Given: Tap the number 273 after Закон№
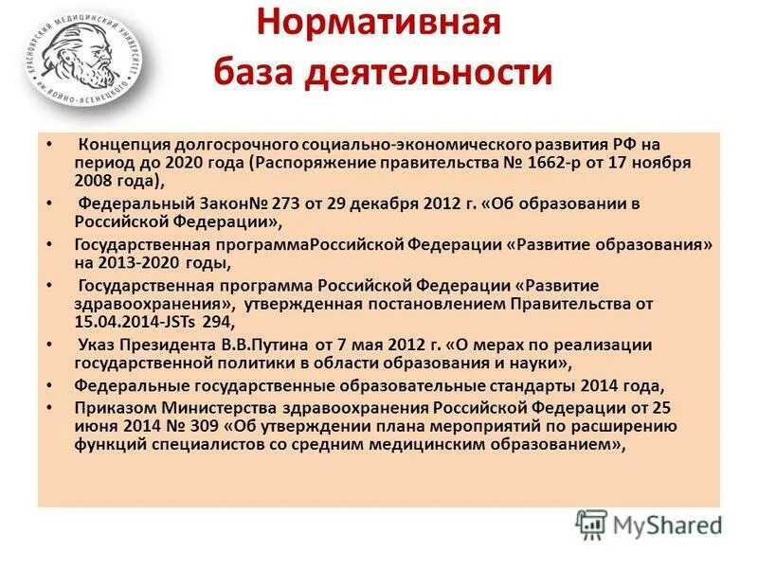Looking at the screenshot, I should (x=273, y=203).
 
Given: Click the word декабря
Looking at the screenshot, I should (x=376, y=203).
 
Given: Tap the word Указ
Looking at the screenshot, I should (x=98, y=345).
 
